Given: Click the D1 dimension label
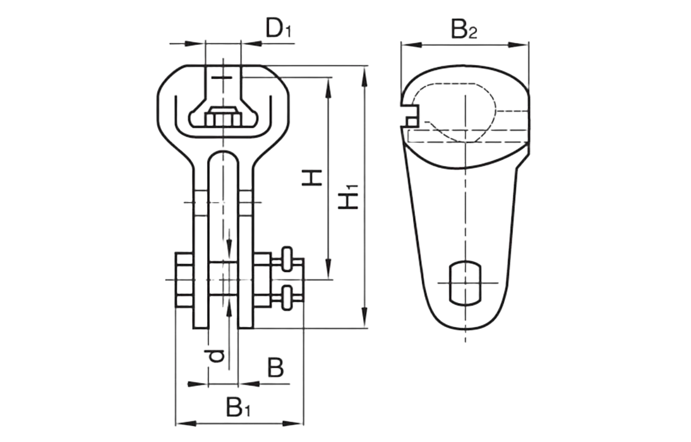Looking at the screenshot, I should coord(279,30).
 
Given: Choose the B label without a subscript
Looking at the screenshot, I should coord(275,367).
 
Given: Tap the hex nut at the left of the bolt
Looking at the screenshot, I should coord(184,280).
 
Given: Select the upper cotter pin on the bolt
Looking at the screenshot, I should coord(287,258).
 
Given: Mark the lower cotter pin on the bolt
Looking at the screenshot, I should coord(287,297).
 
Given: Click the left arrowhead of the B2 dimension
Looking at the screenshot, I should coord(407,44).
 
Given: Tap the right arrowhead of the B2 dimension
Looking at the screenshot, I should coord(523,44).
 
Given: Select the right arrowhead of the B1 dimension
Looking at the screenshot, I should coord(300,422).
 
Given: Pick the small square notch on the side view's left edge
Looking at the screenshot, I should coord(412,120).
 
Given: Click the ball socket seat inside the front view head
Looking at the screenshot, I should coord(222,117).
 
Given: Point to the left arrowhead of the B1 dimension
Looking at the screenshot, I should coord(180,422).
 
